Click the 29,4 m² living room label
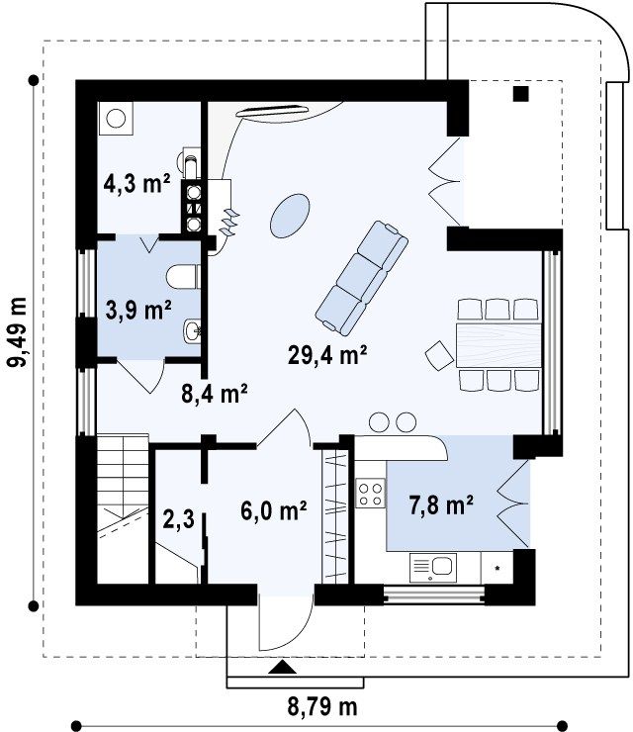pos(326,355)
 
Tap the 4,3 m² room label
pos(136,183)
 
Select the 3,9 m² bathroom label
pos(138,310)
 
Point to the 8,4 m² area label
pos(215,393)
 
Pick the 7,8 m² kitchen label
pos(441,505)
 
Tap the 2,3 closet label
pos(179,519)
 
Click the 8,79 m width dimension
pos(322,707)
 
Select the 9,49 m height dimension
pos(19,331)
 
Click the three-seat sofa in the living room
pos(361,278)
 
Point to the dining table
pos(498,344)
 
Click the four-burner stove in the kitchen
pos(370,494)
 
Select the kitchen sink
pos(433,567)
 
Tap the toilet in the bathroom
pos(183,278)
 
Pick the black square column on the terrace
pos(521,94)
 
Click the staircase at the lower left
pos(123,508)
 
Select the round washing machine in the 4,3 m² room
pos(116,119)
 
